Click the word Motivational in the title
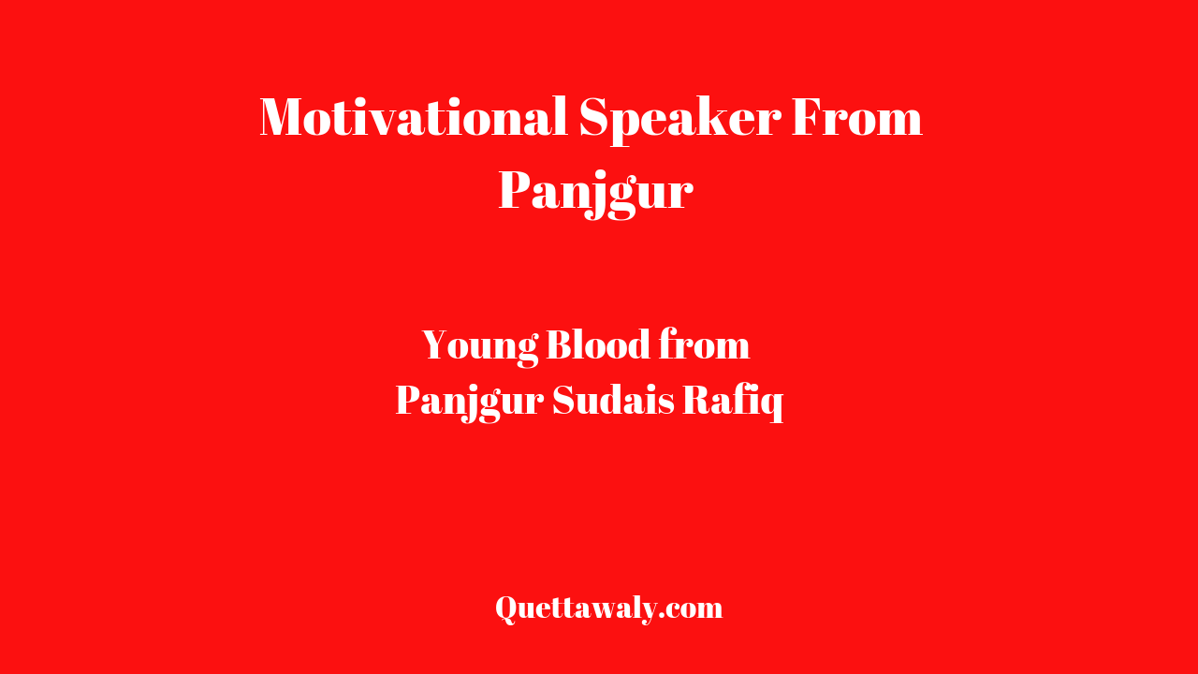point(414,117)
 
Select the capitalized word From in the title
point(857,117)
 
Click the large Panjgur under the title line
point(596,193)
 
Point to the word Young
point(480,347)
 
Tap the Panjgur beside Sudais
point(470,403)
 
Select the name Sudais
point(613,400)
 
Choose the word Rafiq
point(733,402)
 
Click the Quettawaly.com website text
point(609,608)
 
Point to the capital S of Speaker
point(594,117)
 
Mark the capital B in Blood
point(560,345)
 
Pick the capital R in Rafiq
point(698,400)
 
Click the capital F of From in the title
point(808,117)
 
